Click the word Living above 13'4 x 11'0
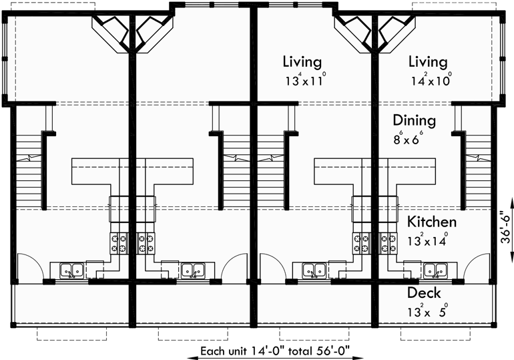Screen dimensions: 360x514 [302, 62]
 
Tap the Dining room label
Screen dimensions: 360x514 [414, 121]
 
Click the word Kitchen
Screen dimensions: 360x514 [433, 222]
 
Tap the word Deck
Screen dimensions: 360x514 [425, 293]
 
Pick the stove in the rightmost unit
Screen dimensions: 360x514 [389, 242]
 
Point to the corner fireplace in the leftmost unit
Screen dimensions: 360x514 [112, 32]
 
